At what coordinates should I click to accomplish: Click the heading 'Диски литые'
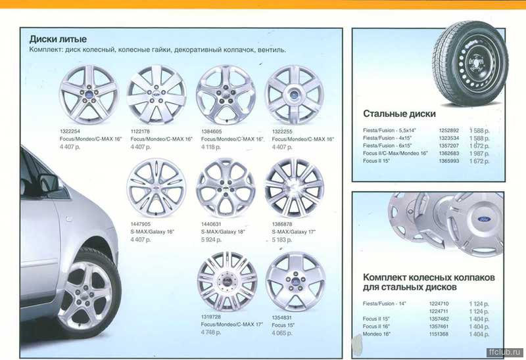[x=58, y=39]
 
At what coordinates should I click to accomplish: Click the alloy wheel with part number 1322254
[x=89, y=94]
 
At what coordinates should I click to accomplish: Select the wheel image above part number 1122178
[x=156, y=94]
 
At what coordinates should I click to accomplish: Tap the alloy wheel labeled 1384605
[x=226, y=94]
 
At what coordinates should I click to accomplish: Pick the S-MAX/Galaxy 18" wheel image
[x=226, y=188]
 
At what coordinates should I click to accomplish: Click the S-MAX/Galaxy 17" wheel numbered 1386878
[x=293, y=188]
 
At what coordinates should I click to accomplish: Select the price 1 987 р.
[x=479, y=152]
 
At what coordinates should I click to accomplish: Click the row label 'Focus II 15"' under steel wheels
[x=377, y=160]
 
